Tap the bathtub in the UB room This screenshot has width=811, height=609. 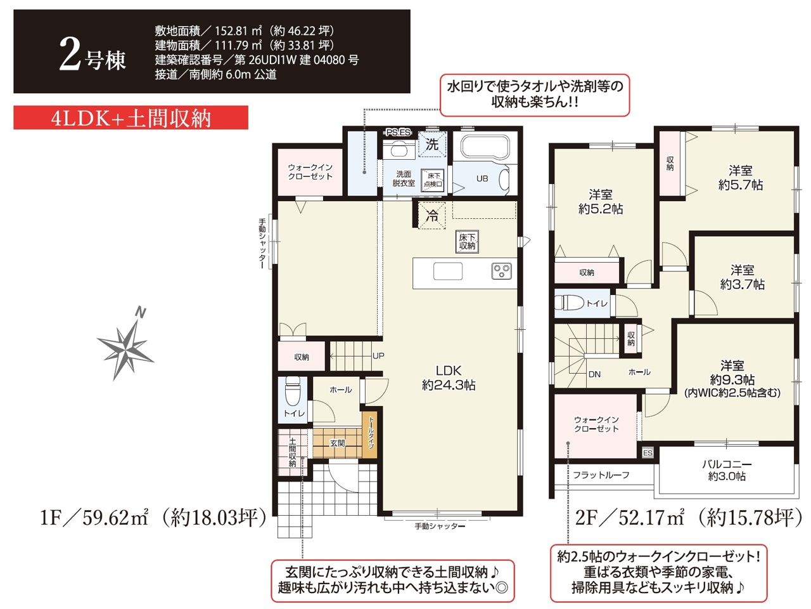pyautogui.click(x=485, y=147)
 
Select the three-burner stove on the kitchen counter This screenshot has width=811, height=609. pyautogui.click(x=501, y=270)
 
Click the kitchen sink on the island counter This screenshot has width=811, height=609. pyautogui.click(x=448, y=272)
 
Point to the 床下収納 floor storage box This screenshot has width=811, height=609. pyautogui.click(x=467, y=242)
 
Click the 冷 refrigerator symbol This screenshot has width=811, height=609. pyautogui.click(x=432, y=215)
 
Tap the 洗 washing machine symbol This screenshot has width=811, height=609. pyautogui.click(x=432, y=144)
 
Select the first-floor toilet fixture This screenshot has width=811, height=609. pyautogui.click(x=293, y=391)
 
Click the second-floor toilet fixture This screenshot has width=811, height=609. pyautogui.click(x=569, y=302)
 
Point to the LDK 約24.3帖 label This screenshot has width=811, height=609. pyautogui.click(x=449, y=377)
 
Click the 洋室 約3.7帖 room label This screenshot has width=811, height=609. pyautogui.click(x=742, y=277)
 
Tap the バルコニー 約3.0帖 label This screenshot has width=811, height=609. pyautogui.click(x=727, y=470)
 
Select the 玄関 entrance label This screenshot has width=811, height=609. pyautogui.click(x=337, y=443)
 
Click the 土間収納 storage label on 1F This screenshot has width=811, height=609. pyautogui.click(x=292, y=452)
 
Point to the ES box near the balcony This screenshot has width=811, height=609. pyautogui.click(x=648, y=453)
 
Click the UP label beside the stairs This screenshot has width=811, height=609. pyautogui.click(x=378, y=356)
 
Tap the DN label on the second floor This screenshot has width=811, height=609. pyautogui.click(x=594, y=374)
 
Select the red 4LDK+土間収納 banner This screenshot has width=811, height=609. pyautogui.click(x=131, y=117)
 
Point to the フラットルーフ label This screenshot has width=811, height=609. pyautogui.click(x=601, y=475)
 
